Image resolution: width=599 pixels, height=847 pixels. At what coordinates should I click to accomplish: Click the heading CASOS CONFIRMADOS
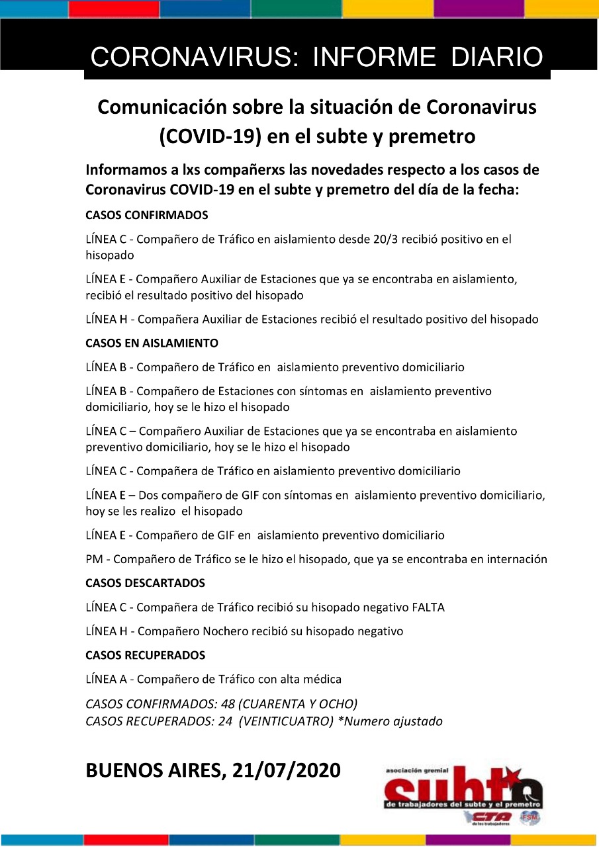pyautogui.click(x=147, y=215)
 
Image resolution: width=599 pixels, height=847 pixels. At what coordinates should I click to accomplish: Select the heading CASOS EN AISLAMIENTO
pyautogui.click(x=152, y=343)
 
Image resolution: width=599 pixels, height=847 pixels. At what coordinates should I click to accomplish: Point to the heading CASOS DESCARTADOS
pyautogui.click(x=145, y=583)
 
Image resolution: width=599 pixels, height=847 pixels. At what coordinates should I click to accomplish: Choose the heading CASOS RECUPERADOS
pyautogui.click(x=145, y=655)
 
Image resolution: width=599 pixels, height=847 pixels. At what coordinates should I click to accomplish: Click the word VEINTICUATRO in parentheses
pyautogui.click(x=285, y=721)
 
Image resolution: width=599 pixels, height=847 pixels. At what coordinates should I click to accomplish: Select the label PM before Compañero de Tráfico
pyautogui.click(x=93, y=559)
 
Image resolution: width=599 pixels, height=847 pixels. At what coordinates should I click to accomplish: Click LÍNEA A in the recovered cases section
pyautogui.click(x=107, y=679)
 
